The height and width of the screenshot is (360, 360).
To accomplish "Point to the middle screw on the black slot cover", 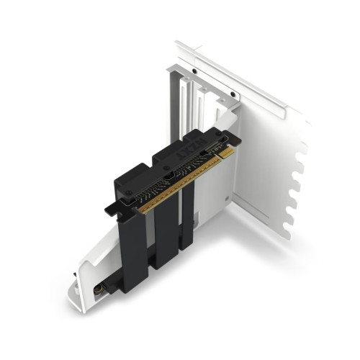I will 167,173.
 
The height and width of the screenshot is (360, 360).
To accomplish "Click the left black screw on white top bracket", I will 194,71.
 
